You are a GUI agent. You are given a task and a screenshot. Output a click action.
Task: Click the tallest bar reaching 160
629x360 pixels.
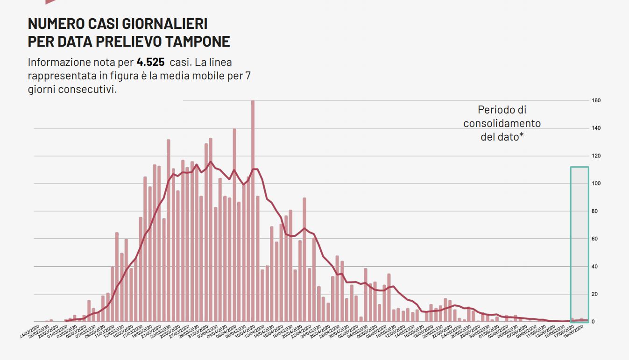click(253, 210)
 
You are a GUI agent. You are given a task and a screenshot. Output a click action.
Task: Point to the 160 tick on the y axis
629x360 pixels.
click(596, 101)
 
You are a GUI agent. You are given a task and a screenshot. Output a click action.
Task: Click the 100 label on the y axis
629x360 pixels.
click(596, 184)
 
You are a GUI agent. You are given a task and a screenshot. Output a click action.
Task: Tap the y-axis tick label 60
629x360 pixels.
click(596, 239)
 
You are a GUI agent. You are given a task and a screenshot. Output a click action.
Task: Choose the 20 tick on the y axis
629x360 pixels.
click(596, 294)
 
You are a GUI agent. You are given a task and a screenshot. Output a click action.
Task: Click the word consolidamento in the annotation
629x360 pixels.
click(502, 123)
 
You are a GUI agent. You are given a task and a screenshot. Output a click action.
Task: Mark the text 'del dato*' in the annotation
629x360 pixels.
click(502, 137)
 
